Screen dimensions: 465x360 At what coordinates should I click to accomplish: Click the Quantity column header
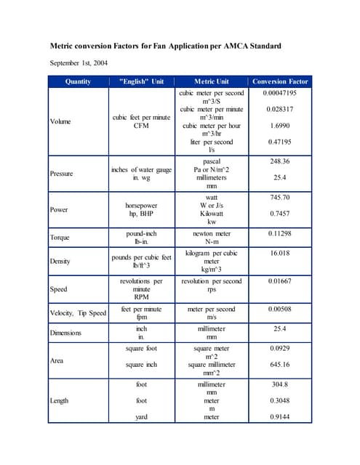[78, 82]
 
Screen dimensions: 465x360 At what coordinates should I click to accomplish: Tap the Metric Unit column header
[212, 82]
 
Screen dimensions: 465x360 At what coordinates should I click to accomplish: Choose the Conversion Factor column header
[280, 82]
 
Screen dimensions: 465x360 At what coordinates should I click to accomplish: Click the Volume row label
[60, 121]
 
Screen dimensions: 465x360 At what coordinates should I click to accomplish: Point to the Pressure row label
[62, 174]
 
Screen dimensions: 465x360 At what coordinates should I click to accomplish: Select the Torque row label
[60, 238]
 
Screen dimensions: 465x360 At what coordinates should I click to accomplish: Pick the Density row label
[60, 261]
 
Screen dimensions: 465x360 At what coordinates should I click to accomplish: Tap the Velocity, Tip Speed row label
[78, 313]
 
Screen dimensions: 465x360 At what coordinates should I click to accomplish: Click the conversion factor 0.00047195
[279, 94]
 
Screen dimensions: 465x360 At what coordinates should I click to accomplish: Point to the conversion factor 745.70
[279, 197]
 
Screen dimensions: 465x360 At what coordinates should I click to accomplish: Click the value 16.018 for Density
[279, 254]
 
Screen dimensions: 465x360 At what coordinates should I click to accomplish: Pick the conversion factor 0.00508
[279, 309]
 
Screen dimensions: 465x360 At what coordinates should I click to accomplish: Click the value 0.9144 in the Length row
[279, 417]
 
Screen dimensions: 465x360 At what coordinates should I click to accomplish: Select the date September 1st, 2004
[79, 63]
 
